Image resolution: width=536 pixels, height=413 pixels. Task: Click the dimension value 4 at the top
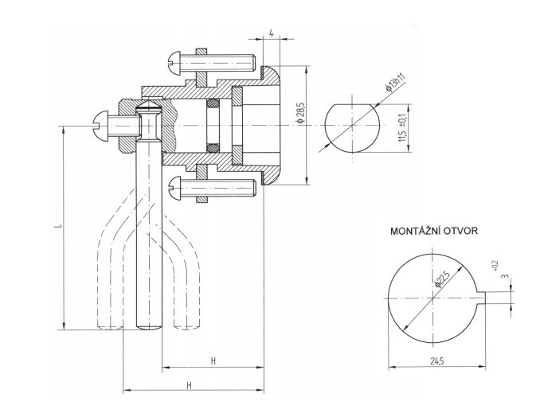click(x=272, y=33)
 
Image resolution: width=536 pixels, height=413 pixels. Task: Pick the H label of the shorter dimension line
click(x=213, y=360)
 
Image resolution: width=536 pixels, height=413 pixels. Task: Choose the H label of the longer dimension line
click(x=190, y=384)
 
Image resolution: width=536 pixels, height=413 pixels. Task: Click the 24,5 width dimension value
click(x=434, y=360)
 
